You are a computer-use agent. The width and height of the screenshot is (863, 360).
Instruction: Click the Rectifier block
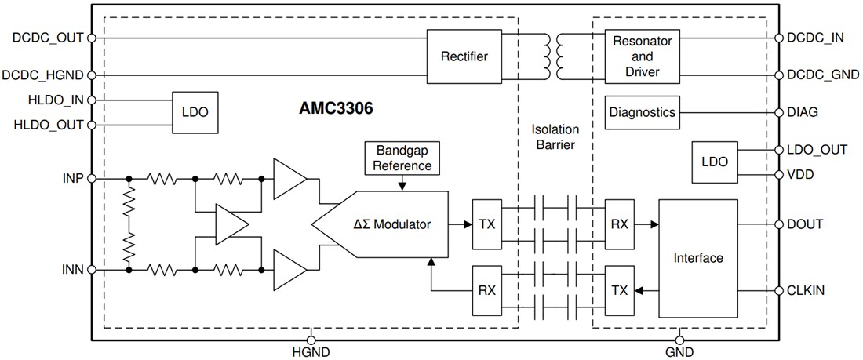click(464, 56)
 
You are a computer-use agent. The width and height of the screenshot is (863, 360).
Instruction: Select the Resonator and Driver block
click(643, 56)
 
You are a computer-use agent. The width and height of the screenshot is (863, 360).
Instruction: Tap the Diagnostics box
click(642, 112)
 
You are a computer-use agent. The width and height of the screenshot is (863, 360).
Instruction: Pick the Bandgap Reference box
click(402, 158)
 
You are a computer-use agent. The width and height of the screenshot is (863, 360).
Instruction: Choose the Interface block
click(698, 257)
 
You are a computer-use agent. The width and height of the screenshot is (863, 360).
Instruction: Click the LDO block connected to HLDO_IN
click(195, 112)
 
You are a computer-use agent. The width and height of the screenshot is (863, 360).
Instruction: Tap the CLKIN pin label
click(804, 289)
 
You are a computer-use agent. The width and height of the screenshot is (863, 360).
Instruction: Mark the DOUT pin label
click(804, 224)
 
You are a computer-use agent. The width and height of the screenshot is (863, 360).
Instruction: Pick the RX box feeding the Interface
click(619, 224)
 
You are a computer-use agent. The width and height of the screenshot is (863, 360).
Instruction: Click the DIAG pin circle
click(778, 112)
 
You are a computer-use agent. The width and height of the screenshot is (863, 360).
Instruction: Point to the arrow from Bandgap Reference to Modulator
click(402, 182)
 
